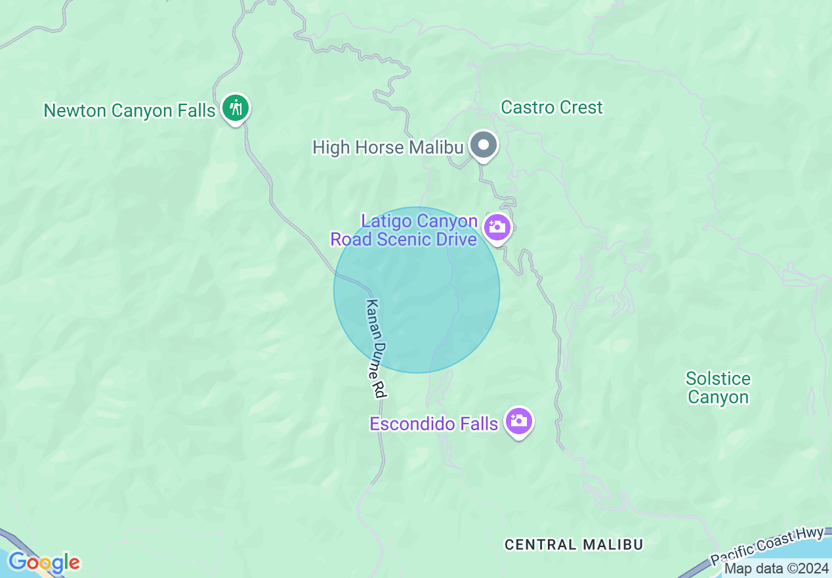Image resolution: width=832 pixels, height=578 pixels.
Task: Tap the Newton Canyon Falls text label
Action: (x=129, y=110)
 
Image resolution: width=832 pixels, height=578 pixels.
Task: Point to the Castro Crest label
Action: (x=551, y=107)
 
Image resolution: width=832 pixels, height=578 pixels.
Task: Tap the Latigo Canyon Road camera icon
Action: (x=497, y=227)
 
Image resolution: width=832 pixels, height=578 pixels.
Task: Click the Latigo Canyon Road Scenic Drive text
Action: (x=404, y=230)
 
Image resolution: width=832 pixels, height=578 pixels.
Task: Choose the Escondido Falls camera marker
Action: (x=519, y=421)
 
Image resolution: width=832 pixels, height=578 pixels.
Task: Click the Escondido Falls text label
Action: (x=434, y=424)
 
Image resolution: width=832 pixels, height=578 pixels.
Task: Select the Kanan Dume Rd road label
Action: (x=375, y=349)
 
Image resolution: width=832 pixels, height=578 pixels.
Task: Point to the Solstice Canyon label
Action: (x=718, y=388)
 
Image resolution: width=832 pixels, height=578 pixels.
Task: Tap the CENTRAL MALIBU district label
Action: (x=573, y=545)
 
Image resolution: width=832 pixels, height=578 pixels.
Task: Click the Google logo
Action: (x=44, y=562)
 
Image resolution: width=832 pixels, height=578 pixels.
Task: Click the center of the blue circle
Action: (x=417, y=290)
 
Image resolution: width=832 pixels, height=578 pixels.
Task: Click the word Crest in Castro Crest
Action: (x=579, y=107)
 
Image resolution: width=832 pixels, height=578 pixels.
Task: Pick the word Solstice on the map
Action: (x=718, y=378)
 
